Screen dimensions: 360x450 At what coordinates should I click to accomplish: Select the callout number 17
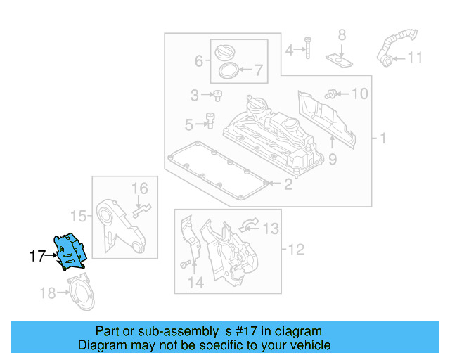click(x=37, y=257)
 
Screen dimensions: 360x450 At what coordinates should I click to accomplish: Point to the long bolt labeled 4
click(x=307, y=47)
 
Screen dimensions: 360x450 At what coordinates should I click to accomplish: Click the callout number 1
click(x=383, y=139)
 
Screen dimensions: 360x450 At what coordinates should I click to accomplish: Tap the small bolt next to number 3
click(x=218, y=94)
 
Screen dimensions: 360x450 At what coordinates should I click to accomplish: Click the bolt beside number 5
click(x=209, y=123)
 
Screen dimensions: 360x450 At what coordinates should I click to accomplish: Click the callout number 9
click(x=332, y=160)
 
